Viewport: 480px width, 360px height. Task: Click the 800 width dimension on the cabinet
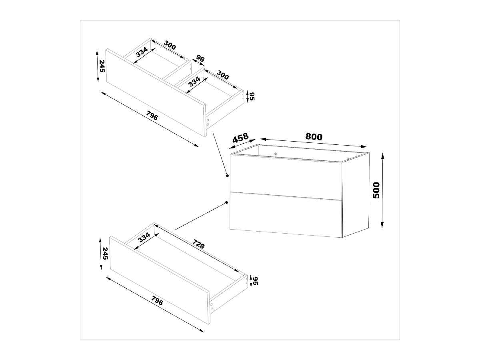coord(314,136)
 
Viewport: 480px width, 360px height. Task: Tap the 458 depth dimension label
coord(241,138)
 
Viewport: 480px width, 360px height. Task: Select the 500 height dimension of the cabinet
coord(376,190)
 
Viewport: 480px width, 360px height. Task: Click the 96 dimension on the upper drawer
coord(200,59)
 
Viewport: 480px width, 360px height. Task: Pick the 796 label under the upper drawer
coord(152,117)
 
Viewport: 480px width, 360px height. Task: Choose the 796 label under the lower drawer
coord(158,301)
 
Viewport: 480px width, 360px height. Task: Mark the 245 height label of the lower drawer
coord(105,253)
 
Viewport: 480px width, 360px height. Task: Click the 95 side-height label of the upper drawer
coord(252,96)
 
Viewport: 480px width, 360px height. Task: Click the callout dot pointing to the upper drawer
coord(227,176)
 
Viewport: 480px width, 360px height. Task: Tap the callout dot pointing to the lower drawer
coord(227,203)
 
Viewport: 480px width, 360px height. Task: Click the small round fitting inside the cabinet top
coord(276,153)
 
